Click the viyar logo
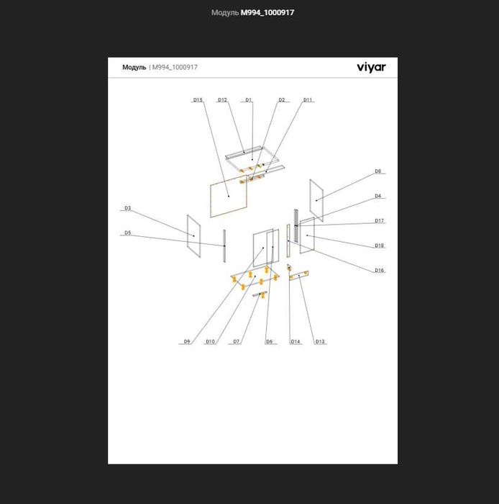[x=371, y=68]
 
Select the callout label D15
[x=198, y=100]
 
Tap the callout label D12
[x=222, y=100]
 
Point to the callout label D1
[x=248, y=100]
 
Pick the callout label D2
[x=281, y=100]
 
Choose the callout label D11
[x=308, y=100]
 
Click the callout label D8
[x=378, y=171]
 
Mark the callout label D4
[x=378, y=196]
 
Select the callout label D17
[x=380, y=221]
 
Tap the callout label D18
[x=380, y=246]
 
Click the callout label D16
[x=380, y=270]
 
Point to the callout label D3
[x=128, y=208]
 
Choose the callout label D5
[x=128, y=233]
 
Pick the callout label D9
[x=187, y=342]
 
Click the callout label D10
[x=210, y=342]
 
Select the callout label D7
[x=236, y=342]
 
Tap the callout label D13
[x=320, y=342]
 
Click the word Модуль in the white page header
[x=134, y=68]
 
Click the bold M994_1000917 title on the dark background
[x=267, y=13]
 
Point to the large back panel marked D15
[x=229, y=197]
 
